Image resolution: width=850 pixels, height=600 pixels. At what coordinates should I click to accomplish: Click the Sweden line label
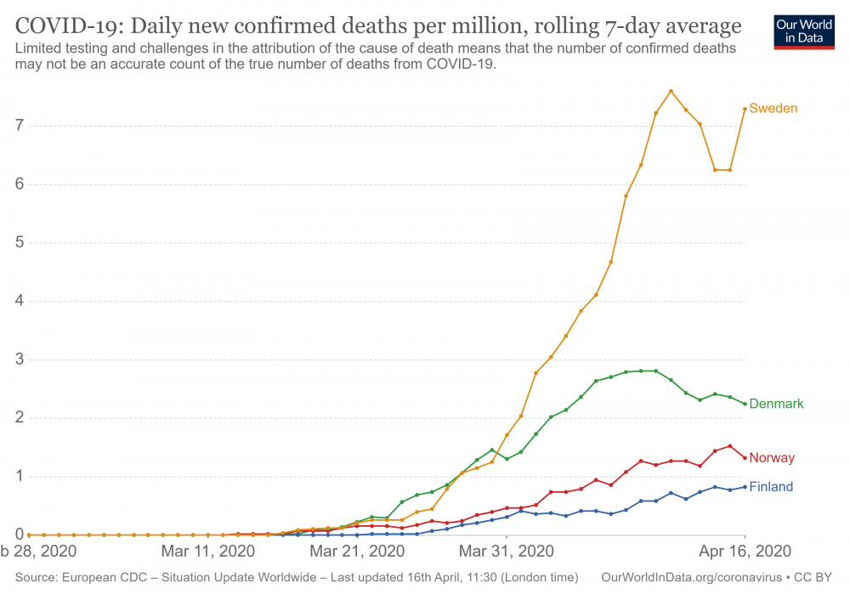(x=773, y=109)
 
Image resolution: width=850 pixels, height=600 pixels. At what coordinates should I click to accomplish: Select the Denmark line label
(x=776, y=405)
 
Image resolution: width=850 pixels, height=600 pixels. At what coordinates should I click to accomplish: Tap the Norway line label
(x=772, y=458)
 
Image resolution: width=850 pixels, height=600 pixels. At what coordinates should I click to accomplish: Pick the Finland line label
(x=771, y=487)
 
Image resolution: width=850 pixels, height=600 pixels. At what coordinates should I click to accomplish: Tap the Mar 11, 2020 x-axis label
(x=208, y=551)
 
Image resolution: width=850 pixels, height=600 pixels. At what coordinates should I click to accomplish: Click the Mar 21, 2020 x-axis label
(x=357, y=551)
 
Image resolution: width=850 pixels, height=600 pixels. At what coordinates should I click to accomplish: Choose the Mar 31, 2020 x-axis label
(x=506, y=551)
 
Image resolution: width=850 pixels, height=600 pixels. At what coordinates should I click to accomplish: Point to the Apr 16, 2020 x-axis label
(x=745, y=551)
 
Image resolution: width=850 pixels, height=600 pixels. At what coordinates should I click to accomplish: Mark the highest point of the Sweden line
(x=671, y=91)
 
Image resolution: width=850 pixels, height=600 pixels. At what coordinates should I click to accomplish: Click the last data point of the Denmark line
(x=745, y=404)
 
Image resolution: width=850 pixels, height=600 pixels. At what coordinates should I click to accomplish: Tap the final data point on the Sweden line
(x=745, y=109)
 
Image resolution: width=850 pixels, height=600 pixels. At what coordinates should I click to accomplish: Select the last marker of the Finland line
(x=745, y=486)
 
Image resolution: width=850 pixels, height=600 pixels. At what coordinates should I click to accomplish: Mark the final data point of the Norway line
(x=745, y=458)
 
